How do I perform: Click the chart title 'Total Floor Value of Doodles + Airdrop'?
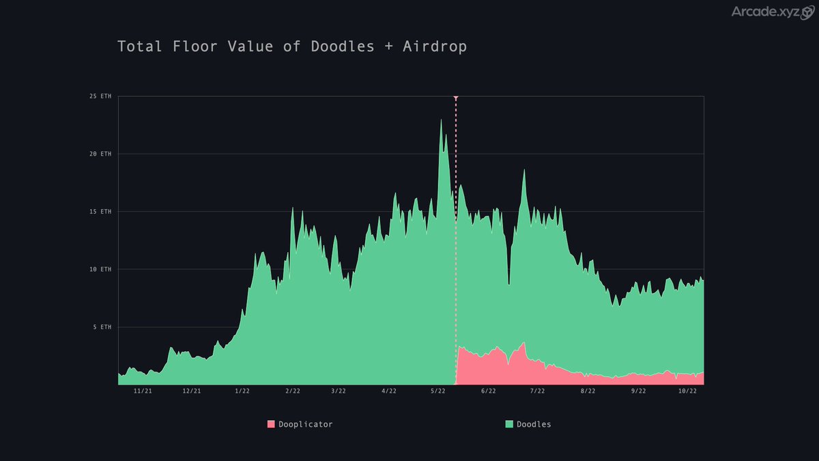click(x=292, y=46)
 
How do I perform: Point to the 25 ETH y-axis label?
click(x=100, y=96)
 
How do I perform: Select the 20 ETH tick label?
click(x=100, y=154)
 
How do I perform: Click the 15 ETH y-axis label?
click(x=100, y=212)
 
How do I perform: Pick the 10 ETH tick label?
click(x=100, y=270)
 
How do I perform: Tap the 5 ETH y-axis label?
click(x=102, y=327)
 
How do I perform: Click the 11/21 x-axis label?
click(x=143, y=391)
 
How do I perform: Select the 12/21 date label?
click(x=192, y=391)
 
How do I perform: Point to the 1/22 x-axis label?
click(x=242, y=391)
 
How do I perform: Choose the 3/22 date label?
click(x=338, y=391)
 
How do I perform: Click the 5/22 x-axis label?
click(x=437, y=391)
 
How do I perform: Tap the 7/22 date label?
click(x=537, y=391)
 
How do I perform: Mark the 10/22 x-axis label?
click(x=687, y=391)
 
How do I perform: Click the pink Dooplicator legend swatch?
click(x=271, y=424)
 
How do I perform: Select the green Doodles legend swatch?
click(x=509, y=424)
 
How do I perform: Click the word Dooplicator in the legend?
click(x=306, y=424)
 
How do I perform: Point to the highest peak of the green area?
click(x=441, y=122)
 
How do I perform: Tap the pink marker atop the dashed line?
click(x=455, y=98)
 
